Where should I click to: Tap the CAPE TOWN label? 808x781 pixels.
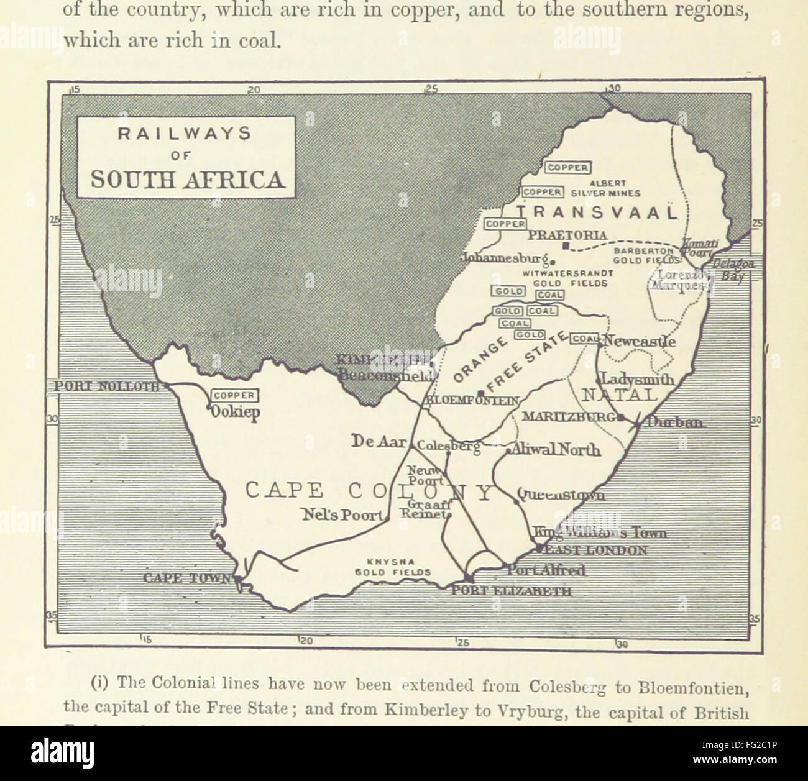coord(187,578)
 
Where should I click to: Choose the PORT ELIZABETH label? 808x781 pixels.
coord(511,591)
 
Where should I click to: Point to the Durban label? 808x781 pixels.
coord(676,422)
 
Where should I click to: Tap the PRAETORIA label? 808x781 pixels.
coord(567,235)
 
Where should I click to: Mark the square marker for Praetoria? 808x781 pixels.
coord(564,247)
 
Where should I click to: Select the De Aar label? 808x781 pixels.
coord(379,442)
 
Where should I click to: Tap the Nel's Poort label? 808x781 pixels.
coord(343,514)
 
